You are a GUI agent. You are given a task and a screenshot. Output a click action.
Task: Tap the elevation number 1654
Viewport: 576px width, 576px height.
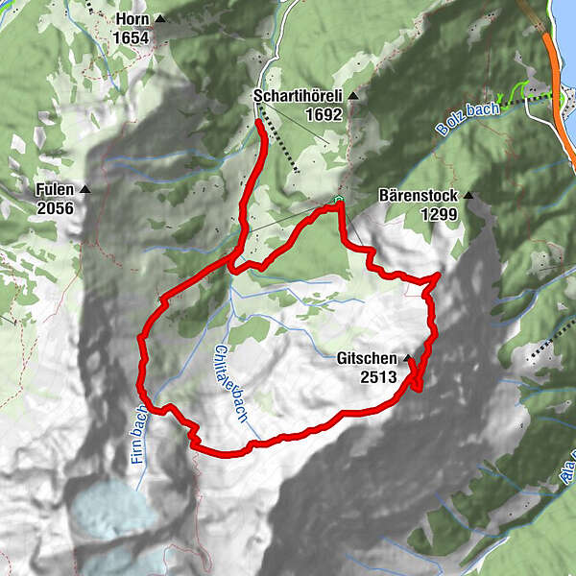131,36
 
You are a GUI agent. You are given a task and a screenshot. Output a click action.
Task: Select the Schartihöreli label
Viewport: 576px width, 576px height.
299,96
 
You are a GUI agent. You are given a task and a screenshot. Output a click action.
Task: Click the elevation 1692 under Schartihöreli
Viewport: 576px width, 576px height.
324,114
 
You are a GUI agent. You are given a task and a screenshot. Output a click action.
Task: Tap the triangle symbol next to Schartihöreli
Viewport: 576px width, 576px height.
352,96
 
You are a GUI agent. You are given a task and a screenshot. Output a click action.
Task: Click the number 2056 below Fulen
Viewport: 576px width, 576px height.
55,206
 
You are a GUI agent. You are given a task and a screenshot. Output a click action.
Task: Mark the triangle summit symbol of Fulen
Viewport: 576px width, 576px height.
85,189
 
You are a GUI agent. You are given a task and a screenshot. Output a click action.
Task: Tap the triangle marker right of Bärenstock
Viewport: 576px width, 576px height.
468,197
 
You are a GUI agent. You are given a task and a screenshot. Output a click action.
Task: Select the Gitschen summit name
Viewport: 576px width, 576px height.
367,359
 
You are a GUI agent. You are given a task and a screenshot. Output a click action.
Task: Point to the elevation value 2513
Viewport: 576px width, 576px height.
378,377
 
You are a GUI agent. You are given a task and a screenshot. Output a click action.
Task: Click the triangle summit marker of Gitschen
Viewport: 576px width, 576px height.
407,358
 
